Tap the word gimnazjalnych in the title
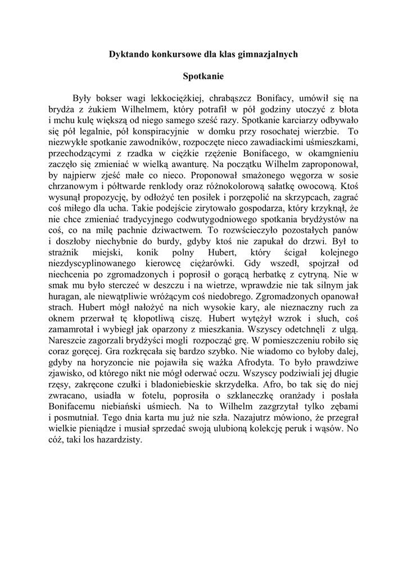tap(269, 55)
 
